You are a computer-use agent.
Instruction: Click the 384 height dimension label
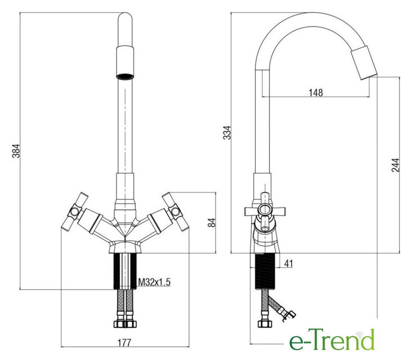click(x=16, y=151)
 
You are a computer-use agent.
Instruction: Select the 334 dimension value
click(x=227, y=133)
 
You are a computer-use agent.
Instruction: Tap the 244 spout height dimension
click(x=396, y=165)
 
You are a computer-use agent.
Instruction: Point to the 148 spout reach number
click(x=316, y=92)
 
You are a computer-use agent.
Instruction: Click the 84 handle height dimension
click(x=212, y=223)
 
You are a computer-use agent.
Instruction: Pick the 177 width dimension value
click(x=124, y=343)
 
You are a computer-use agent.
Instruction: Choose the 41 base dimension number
click(x=288, y=263)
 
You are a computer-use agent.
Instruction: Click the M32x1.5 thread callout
click(x=154, y=282)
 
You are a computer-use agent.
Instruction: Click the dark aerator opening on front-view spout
click(x=125, y=76)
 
